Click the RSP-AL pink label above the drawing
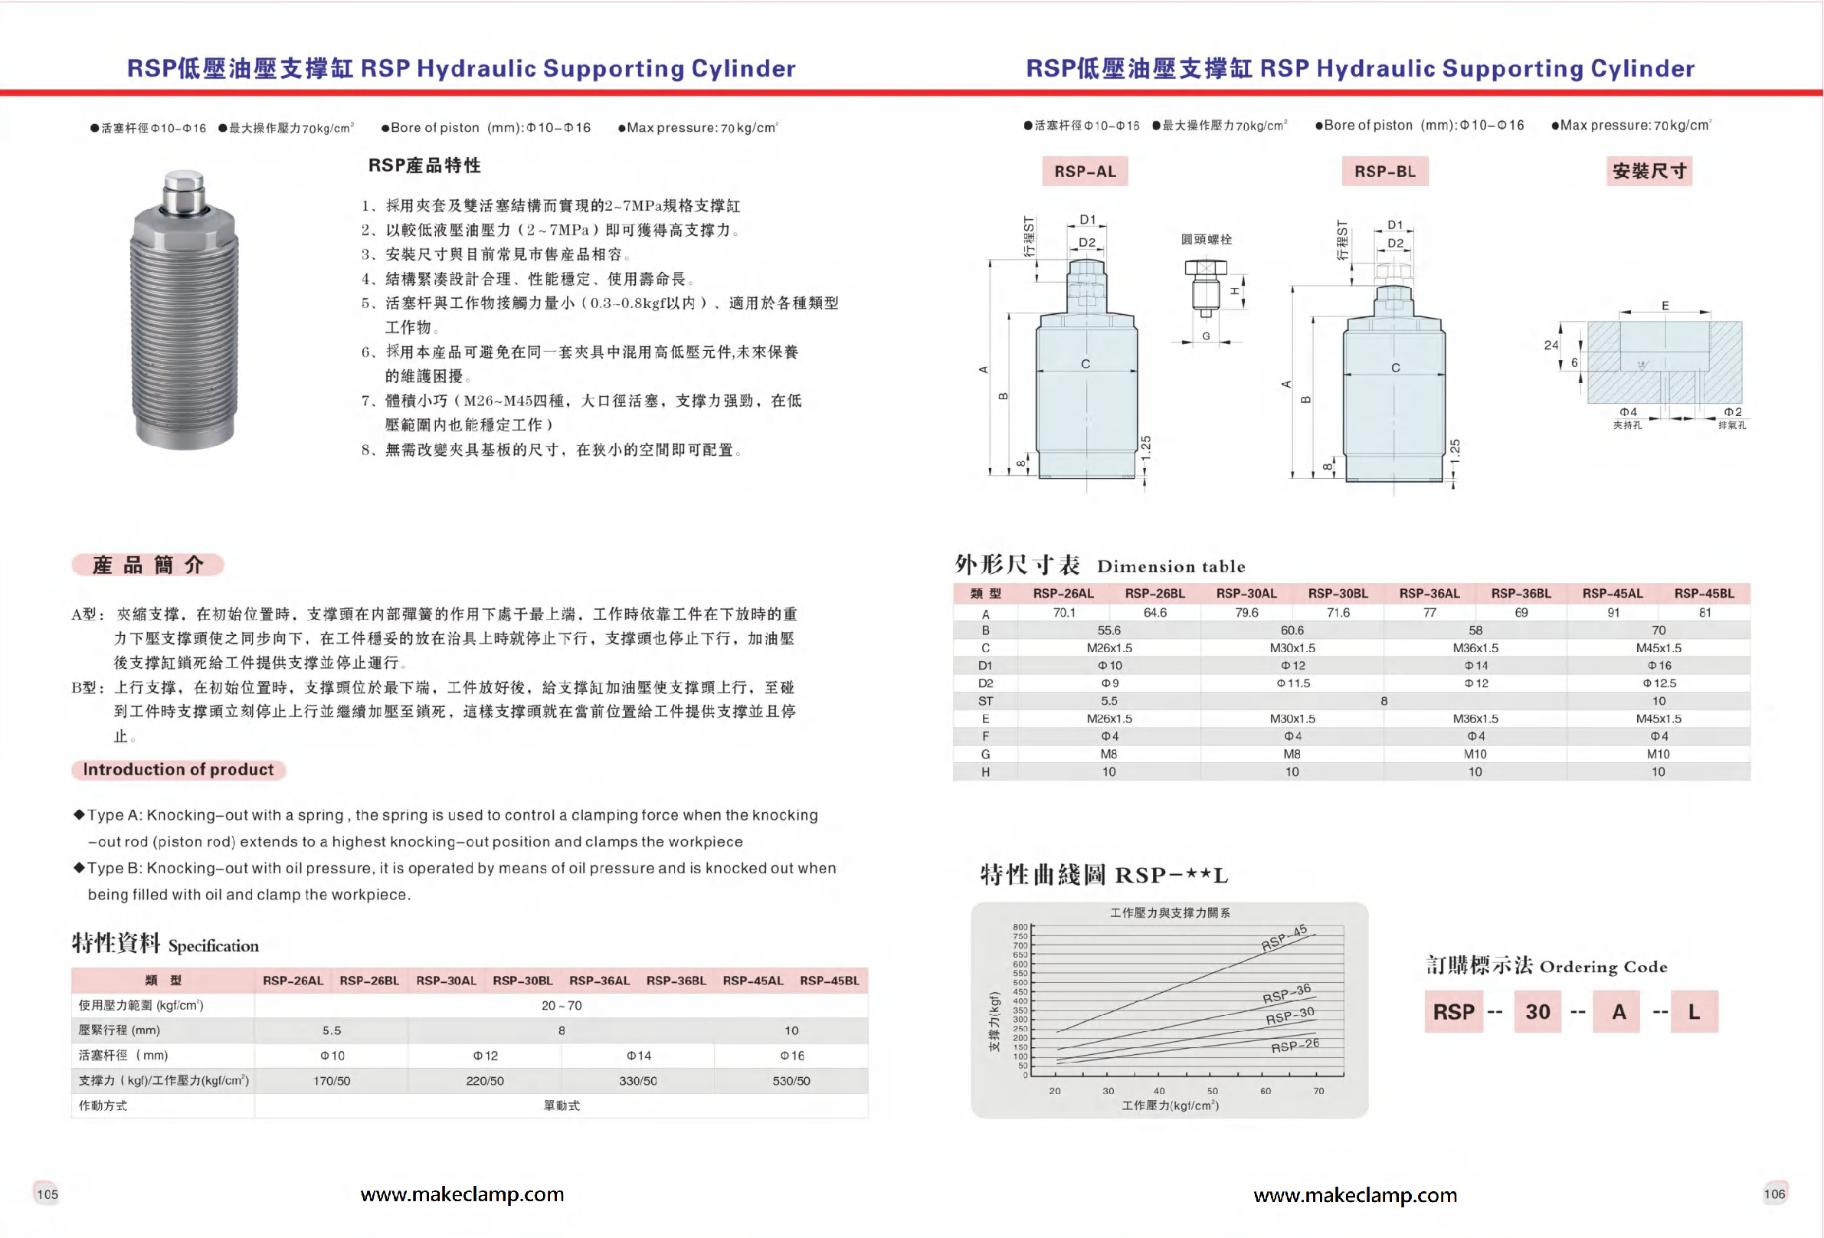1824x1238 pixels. click(1085, 171)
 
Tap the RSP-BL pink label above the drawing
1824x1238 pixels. click(1384, 171)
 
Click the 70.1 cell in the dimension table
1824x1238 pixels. click(1063, 612)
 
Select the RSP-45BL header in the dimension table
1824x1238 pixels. click(1704, 594)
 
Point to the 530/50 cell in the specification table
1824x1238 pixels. click(791, 1081)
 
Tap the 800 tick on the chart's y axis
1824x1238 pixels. click(1020, 927)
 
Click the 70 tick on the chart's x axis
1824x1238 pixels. click(1318, 1091)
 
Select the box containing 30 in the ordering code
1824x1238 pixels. click(1537, 1012)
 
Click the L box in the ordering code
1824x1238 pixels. click(1694, 1012)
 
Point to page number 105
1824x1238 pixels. click(47, 1194)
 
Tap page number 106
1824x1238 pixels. click(1774, 1194)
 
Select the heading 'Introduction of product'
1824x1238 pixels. click(178, 769)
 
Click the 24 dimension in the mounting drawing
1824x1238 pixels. click(1551, 345)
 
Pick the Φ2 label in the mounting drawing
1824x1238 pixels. click(1733, 412)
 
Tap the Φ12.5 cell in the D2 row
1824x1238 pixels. click(1659, 683)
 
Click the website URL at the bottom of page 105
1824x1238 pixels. click(461, 1194)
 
